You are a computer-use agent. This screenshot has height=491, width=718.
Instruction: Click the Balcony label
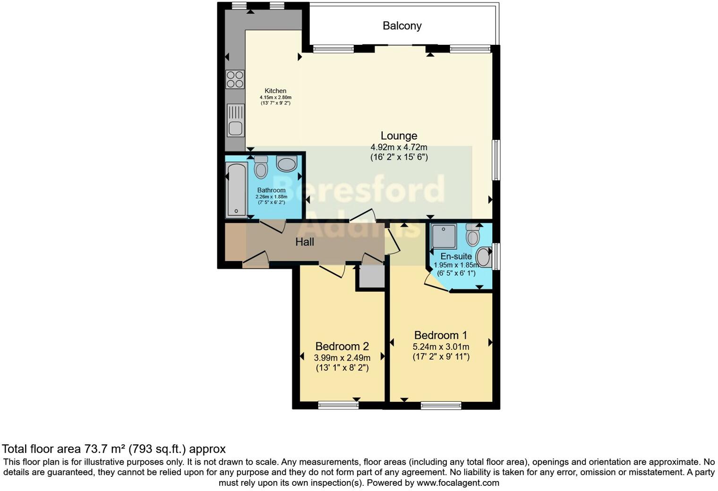402,26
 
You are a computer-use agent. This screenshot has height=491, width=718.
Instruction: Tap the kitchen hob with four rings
235,79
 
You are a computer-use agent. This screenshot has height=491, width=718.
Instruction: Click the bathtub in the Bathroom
236,190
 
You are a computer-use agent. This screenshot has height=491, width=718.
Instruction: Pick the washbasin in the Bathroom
286,164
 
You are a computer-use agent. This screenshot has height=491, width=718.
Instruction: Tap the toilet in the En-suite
472,235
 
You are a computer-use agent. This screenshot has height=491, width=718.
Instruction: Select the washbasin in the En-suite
483,257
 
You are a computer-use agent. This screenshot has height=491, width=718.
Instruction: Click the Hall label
305,242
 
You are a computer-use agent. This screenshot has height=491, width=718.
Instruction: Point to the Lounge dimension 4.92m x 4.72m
399,147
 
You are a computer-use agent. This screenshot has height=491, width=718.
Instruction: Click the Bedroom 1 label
440,335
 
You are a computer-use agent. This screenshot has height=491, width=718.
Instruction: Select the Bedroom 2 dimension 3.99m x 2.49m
342,357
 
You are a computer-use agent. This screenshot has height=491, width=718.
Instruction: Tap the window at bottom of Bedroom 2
338,405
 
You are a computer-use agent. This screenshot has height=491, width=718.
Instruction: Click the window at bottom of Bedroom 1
441,405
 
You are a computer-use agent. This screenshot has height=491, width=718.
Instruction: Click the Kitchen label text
275,91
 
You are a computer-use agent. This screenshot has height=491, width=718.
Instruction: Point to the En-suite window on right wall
496,256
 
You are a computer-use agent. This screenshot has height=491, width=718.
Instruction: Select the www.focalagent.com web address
458,483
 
